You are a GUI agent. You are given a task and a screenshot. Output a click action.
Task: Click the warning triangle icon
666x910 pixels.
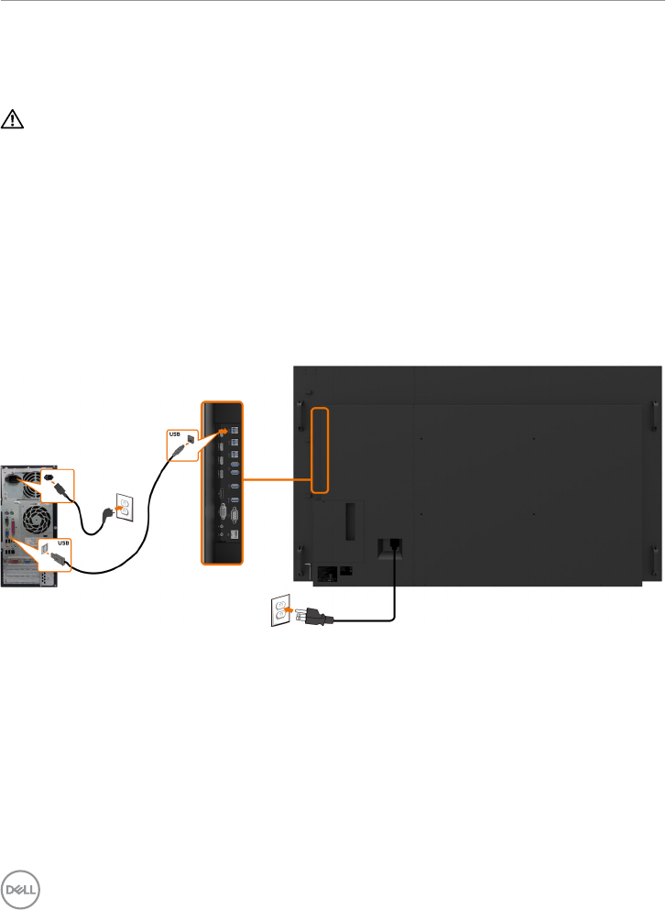[14, 119]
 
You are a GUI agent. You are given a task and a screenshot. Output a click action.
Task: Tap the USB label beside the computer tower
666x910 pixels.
[62, 543]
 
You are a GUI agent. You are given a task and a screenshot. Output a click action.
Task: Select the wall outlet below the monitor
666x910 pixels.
[280, 610]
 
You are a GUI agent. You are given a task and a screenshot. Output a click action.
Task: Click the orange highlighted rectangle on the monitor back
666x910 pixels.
[319, 449]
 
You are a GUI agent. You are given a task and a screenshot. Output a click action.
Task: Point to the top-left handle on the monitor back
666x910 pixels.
[300, 411]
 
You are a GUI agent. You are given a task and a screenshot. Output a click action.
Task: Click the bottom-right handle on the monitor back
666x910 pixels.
[654, 558]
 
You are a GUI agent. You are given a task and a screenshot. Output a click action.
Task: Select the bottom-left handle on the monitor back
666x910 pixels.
[300, 558]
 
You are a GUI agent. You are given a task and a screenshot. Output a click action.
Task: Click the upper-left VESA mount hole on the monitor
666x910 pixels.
[421, 437]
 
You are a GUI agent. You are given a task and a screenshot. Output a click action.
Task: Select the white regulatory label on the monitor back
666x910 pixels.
[346, 570]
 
